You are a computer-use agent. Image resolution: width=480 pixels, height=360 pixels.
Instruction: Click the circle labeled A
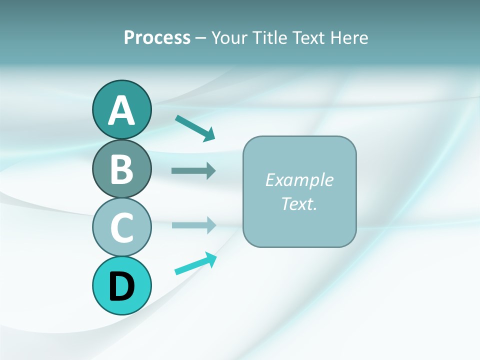pos(121,109)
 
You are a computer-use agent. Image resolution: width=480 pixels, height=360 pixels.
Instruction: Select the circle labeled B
pos(121,168)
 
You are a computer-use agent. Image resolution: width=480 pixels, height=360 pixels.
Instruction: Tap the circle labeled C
pos(121,227)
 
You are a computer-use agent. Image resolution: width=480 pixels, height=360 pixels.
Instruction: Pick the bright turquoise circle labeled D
pos(121,285)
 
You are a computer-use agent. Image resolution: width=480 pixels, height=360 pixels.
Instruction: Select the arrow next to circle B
pos(193,170)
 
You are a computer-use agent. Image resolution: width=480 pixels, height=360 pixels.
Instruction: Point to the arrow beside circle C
pos(193,225)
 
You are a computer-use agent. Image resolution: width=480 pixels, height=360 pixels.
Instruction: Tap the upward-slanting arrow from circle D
pos(195,263)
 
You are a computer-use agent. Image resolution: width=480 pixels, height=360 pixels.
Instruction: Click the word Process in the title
pos(157,37)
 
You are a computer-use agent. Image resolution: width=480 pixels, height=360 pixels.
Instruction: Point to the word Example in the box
pos(299,180)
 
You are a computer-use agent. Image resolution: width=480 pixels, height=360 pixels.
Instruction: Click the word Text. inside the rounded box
pos(299,203)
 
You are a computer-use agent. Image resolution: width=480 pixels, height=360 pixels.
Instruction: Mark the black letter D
pos(121,286)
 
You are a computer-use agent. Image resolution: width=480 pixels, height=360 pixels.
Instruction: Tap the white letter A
pos(121,110)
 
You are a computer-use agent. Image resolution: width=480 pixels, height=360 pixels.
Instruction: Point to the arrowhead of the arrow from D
pos(211,259)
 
